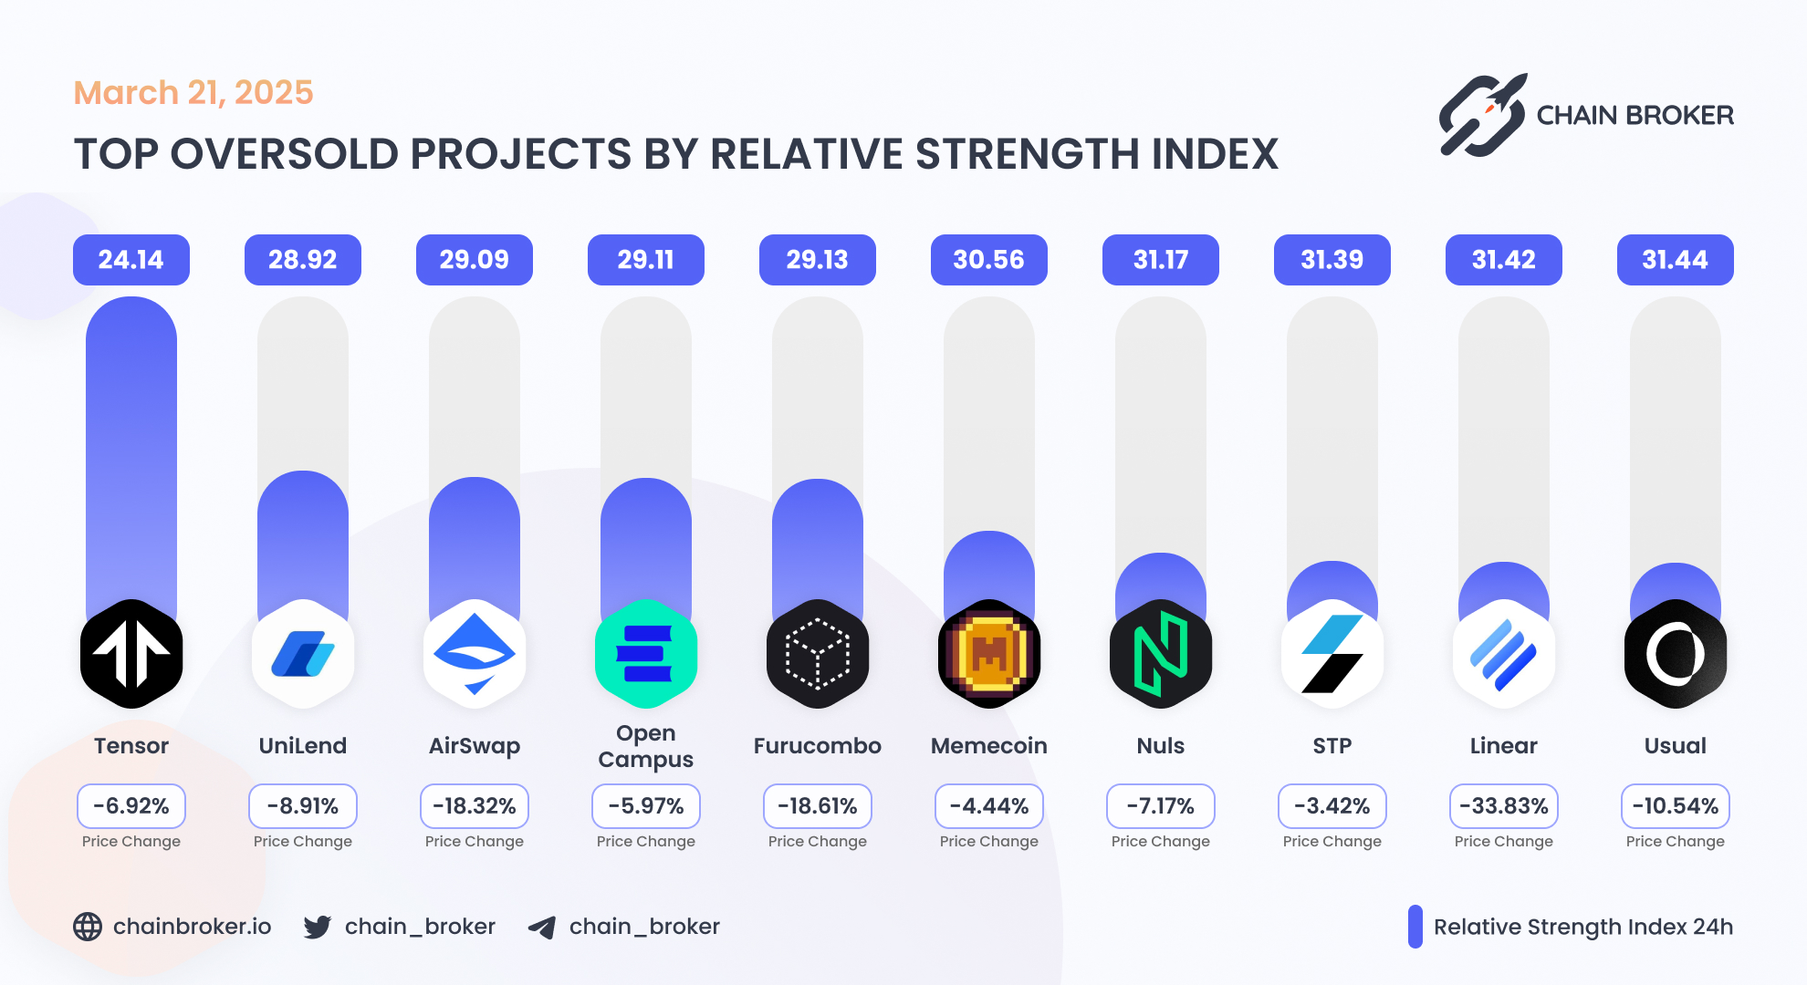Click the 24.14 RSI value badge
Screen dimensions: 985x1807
point(131,260)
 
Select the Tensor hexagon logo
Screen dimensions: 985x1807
point(131,654)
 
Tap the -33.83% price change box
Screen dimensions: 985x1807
point(1503,806)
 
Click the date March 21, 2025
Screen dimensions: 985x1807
point(193,93)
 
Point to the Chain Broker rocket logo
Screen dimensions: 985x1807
point(1482,116)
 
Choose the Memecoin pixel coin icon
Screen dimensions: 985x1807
point(988,654)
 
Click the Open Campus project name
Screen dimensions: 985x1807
point(645,746)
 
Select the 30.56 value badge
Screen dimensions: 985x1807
point(988,260)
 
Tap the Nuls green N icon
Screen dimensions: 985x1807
point(1160,654)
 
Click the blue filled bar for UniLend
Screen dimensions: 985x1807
point(303,538)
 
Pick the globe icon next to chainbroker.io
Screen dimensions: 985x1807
point(88,927)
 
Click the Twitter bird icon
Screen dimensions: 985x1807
point(317,927)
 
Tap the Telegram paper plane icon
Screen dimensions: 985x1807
point(542,928)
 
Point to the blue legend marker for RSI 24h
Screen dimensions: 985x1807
point(1415,927)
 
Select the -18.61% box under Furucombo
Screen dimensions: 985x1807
point(817,806)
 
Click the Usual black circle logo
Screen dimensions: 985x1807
point(1675,654)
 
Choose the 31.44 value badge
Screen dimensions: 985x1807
point(1675,260)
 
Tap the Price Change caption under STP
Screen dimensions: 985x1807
point(1332,841)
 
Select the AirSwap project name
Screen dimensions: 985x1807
point(474,746)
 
